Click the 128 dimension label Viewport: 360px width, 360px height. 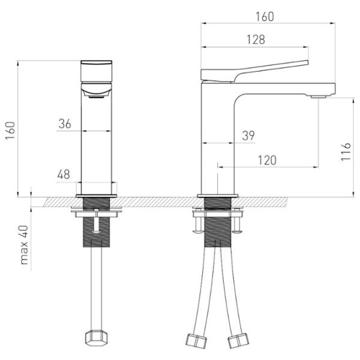[x=256, y=40]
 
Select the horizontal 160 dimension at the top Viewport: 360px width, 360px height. [x=265, y=17]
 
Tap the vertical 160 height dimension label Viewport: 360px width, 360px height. [x=10, y=130]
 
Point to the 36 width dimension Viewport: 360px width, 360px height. [x=65, y=124]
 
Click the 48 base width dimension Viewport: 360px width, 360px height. [x=64, y=175]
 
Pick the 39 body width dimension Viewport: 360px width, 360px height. [x=248, y=136]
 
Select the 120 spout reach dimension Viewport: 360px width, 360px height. [x=267, y=160]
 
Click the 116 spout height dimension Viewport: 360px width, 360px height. [x=346, y=152]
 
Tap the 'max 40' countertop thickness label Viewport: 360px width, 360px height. [x=24, y=245]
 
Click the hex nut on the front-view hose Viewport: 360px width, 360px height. [x=97, y=337]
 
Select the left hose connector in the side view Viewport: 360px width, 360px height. [x=196, y=340]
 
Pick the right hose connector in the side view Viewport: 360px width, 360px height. [x=239, y=340]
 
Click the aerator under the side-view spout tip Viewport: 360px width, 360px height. [x=319, y=97]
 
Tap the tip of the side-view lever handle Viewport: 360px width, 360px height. [x=307, y=62]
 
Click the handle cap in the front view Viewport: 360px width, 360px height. [x=97, y=71]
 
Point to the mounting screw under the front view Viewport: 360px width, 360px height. [x=97, y=221]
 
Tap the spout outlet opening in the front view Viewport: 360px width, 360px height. [x=97, y=97]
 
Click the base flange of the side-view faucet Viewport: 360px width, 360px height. [x=218, y=196]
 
